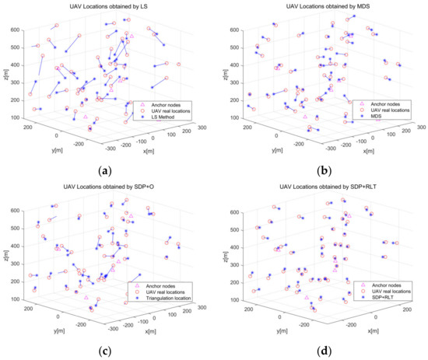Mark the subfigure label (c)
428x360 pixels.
click(x=106, y=348)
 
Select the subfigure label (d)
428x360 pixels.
click(x=321, y=348)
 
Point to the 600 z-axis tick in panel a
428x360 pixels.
click(x=16, y=29)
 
